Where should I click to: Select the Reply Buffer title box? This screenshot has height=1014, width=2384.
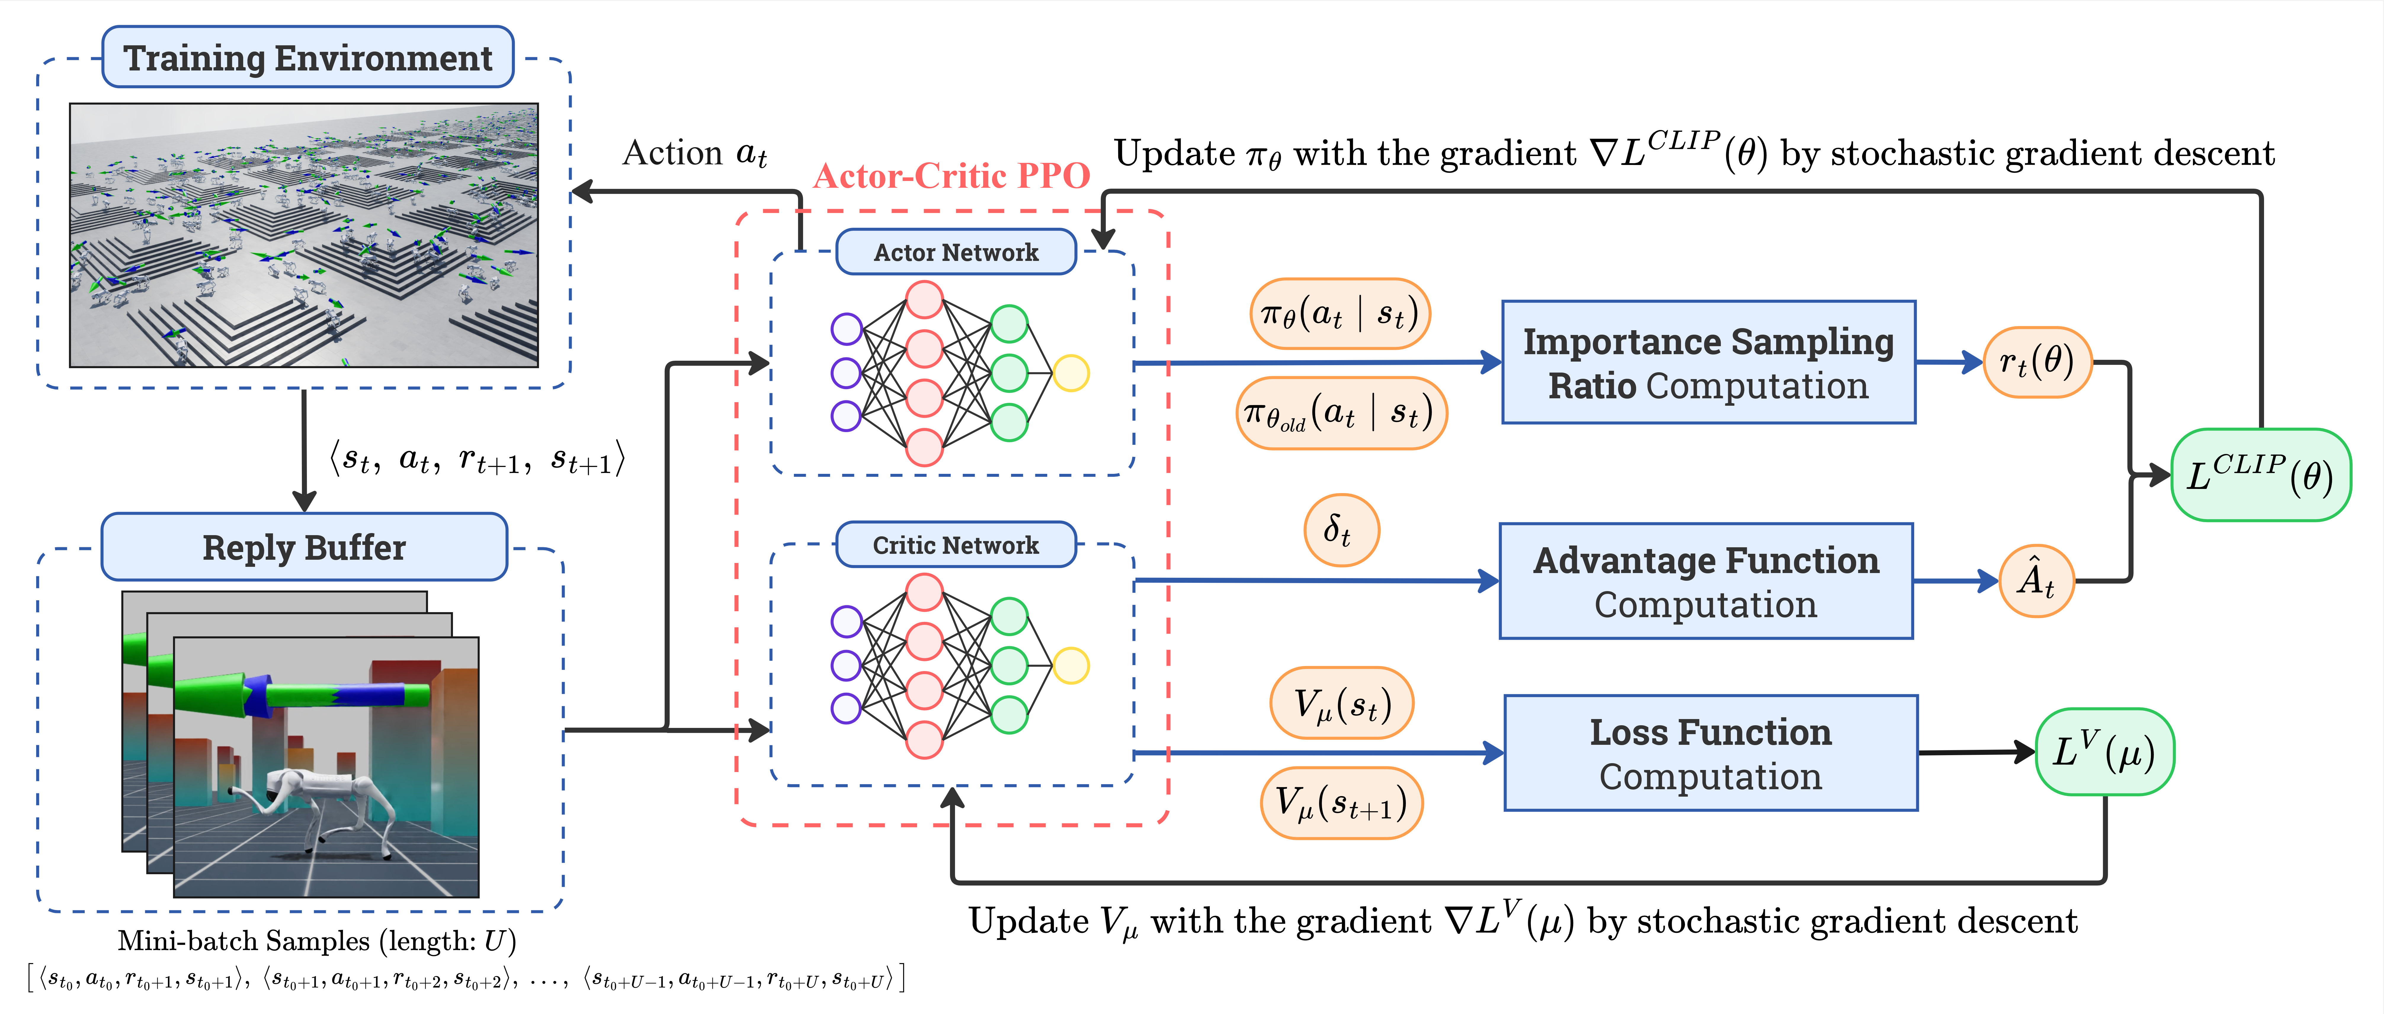pos(305,547)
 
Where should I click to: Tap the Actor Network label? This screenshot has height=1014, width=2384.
pos(956,252)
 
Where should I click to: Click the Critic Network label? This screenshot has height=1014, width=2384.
pos(956,545)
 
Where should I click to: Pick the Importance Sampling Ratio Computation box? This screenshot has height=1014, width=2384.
pos(1708,363)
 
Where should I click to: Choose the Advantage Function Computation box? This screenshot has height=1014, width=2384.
pos(1706,581)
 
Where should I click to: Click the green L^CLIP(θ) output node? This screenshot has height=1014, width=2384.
pos(2261,475)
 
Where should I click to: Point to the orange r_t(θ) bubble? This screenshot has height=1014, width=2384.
pos(2037,362)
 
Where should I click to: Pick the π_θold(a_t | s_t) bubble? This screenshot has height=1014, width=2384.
pos(1341,413)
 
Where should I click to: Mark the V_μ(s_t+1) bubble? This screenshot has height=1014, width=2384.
pos(1341,803)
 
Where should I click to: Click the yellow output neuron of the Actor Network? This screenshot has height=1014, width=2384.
pos(1071,373)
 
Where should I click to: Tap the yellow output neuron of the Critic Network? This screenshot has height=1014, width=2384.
pos(1071,665)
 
